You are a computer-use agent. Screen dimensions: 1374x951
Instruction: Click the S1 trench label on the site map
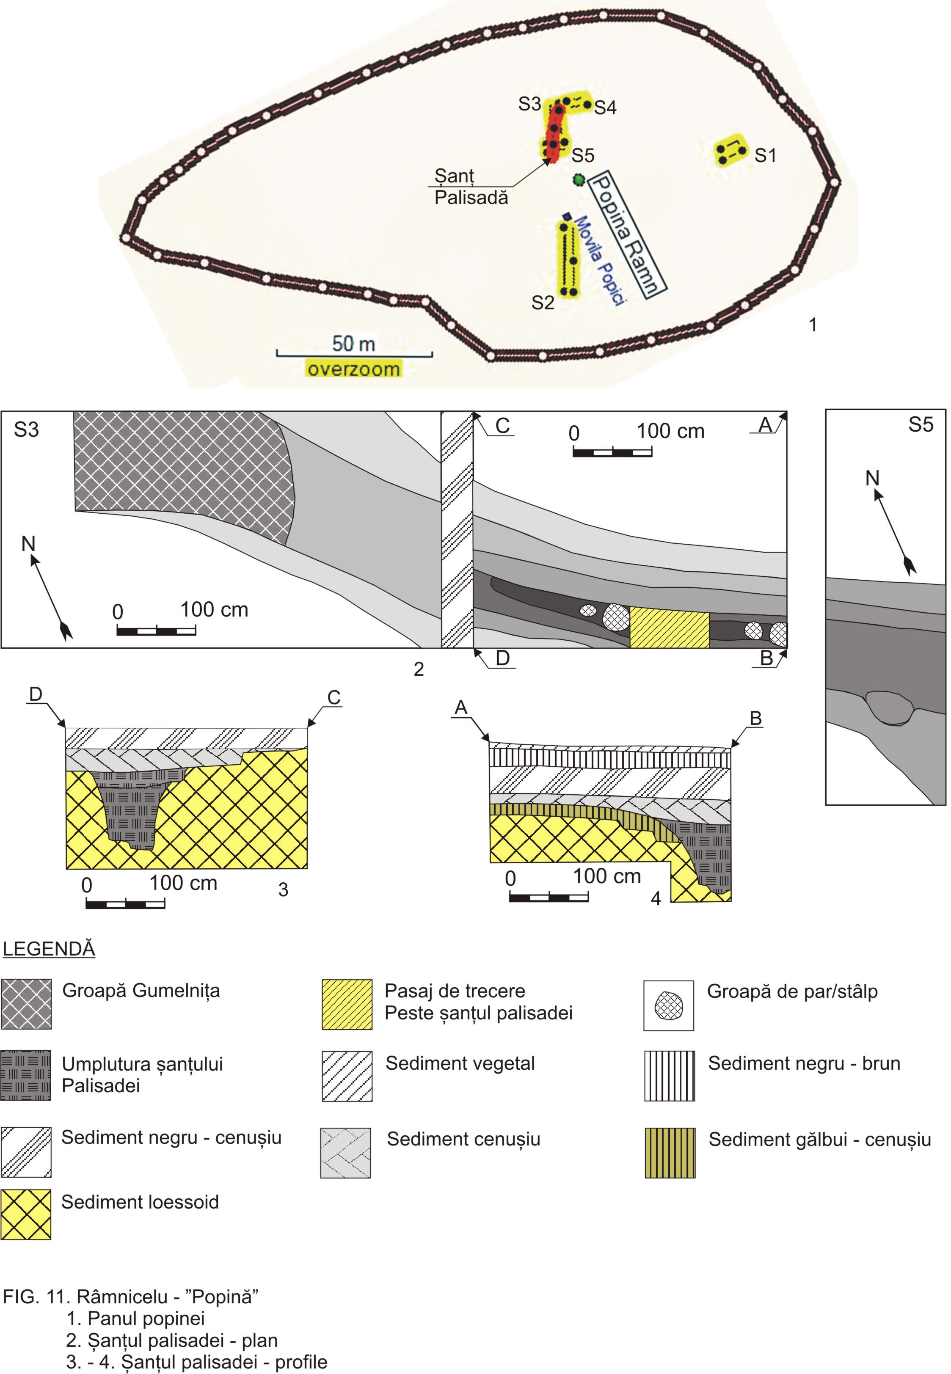[x=765, y=156]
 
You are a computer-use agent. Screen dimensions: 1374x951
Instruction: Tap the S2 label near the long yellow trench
[x=543, y=303]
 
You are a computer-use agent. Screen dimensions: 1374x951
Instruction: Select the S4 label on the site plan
[x=605, y=108]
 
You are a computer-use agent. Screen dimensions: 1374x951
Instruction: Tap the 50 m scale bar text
[x=353, y=344]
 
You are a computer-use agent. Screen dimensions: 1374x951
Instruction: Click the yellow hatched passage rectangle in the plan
[x=669, y=628]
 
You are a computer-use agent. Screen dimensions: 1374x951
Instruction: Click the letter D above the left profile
[x=36, y=694]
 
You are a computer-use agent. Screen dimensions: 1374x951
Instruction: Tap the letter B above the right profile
[x=755, y=718]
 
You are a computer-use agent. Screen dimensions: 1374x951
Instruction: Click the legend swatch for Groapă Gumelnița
[x=26, y=1004]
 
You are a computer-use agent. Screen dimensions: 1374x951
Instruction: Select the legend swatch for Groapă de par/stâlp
[x=669, y=1005]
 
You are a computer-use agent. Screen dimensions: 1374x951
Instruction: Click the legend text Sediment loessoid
[x=140, y=1202]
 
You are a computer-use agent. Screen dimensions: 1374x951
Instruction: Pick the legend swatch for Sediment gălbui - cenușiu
[x=670, y=1152]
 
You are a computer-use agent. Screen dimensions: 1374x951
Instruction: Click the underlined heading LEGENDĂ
[x=49, y=949]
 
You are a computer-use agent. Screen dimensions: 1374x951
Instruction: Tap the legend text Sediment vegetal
[x=460, y=1063]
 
